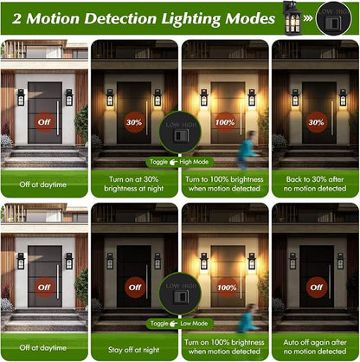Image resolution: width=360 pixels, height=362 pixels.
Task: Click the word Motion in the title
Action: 53,19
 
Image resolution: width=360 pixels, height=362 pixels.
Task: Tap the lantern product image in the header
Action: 292,19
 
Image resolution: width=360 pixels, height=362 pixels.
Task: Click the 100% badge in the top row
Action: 225,122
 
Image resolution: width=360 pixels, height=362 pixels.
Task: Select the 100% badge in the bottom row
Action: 227,288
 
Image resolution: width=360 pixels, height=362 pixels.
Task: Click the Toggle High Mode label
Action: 180,162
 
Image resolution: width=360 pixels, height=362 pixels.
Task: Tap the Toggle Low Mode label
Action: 179,324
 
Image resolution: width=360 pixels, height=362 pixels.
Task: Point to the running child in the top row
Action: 247,150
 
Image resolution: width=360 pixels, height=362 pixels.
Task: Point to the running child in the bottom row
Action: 247,318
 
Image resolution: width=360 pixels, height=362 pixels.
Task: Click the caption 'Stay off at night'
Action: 134,350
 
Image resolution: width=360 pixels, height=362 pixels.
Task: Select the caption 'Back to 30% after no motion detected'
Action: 315,184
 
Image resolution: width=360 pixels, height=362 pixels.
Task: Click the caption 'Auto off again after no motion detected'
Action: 315,346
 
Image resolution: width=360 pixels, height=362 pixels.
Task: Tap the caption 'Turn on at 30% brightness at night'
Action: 134,184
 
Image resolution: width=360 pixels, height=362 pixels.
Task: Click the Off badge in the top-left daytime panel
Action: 44,122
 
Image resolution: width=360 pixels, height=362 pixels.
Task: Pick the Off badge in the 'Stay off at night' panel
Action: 135,288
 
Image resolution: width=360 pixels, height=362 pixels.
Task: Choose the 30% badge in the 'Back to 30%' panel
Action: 316,122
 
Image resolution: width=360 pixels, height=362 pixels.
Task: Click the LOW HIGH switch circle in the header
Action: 334,19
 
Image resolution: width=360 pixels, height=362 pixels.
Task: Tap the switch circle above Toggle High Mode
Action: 180,133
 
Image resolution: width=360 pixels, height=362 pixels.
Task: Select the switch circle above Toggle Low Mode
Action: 180,294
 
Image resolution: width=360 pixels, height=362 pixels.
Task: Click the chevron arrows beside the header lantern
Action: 308,18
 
